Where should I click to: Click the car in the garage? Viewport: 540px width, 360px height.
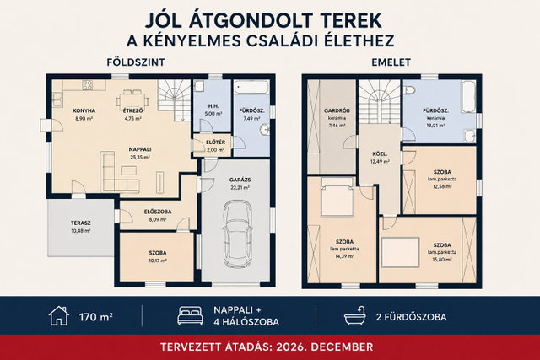(238, 234)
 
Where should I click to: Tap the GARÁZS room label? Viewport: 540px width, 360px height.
(240, 180)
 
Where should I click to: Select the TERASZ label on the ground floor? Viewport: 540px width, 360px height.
(81, 223)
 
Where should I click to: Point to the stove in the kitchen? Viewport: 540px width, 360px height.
(87, 84)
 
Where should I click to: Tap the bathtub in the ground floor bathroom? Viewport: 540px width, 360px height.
(251, 87)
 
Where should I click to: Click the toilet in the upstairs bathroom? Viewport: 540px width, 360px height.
(410, 89)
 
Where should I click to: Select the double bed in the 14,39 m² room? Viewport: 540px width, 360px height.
(337, 196)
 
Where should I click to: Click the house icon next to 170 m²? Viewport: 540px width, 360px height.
(59, 315)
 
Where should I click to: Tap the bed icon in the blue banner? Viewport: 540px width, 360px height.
(190, 316)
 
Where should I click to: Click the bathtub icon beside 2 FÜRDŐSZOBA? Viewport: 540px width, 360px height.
(354, 315)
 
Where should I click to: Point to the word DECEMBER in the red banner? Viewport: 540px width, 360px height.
(339, 347)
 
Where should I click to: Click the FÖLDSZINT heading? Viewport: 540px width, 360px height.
(136, 62)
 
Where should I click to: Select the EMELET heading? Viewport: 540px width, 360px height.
(391, 62)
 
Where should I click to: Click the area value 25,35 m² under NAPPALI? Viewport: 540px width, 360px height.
(139, 157)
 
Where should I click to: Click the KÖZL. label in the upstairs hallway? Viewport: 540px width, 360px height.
(380, 153)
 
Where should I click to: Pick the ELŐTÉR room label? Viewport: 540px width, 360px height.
(216, 142)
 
